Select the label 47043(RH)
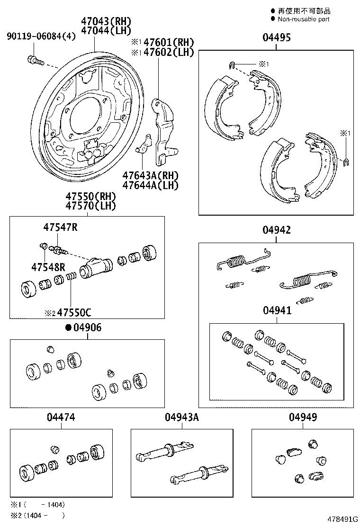click(x=106, y=21)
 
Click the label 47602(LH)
click(x=167, y=52)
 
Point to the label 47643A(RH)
click(x=150, y=175)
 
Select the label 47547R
click(x=60, y=227)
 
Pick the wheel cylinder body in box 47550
click(x=95, y=268)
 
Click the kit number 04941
click(x=277, y=310)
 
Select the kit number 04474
click(x=61, y=418)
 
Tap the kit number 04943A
click(x=181, y=418)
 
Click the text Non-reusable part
click(x=303, y=19)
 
